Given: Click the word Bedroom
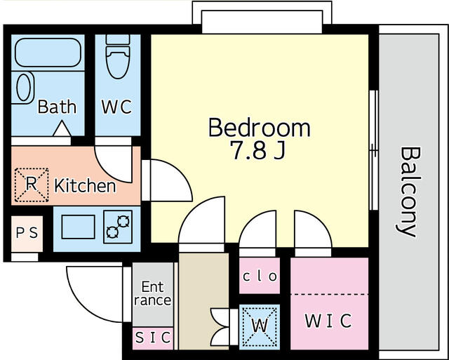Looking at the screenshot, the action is click(x=259, y=128).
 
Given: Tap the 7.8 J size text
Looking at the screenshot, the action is click(x=258, y=151).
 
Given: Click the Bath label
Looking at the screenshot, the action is click(x=57, y=107).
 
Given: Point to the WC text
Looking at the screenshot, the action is click(x=117, y=107).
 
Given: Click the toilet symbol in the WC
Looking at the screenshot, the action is click(x=118, y=56).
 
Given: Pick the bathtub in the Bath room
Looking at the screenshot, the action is click(x=48, y=53).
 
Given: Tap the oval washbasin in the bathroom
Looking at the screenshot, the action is click(x=24, y=87).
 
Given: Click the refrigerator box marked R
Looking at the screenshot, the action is click(x=32, y=185).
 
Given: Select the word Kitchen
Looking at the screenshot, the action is click(x=85, y=185).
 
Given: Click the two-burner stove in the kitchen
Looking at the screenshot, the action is click(x=118, y=227).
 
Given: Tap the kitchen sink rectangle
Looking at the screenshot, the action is click(x=78, y=227).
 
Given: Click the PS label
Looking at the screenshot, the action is click(x=27, y=233).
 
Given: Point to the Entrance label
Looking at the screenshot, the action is click(x=153, y=293).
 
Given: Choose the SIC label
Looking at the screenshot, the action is click(x=153, y=338).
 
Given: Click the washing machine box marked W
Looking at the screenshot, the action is click(x=260, y=327).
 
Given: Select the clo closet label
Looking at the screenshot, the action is click(x=260, y=276).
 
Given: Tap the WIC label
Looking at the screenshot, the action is click(x=328, y=321).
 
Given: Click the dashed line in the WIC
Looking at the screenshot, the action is click(x=329, y=294).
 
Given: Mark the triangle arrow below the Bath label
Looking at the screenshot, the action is click(x=62, y=128).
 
